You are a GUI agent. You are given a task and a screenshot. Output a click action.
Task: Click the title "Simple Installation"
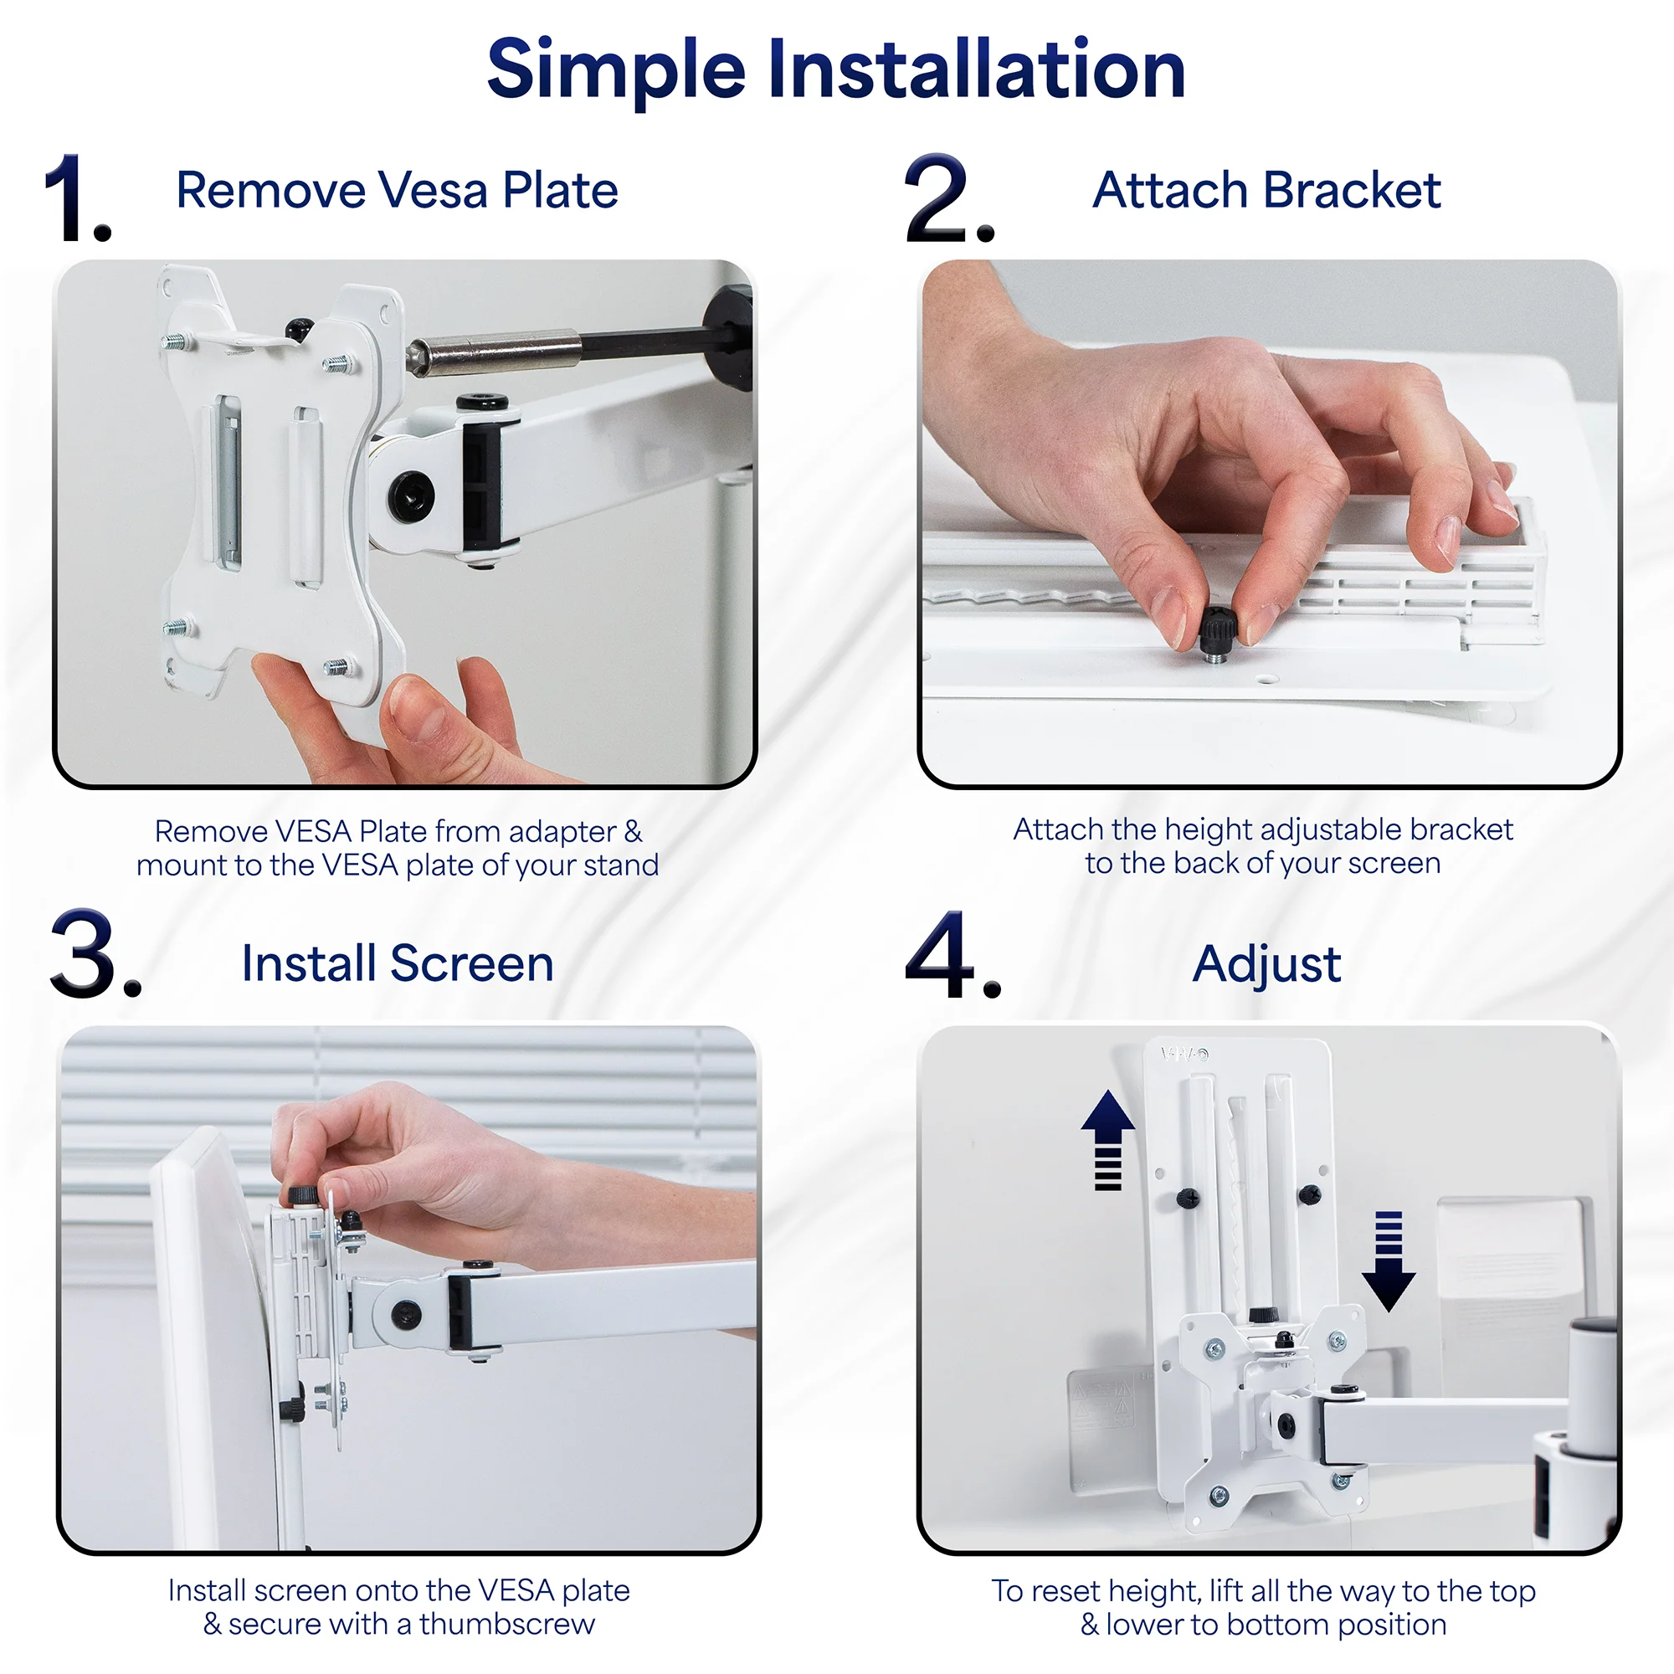836,69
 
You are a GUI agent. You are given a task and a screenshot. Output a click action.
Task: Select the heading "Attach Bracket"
1266,190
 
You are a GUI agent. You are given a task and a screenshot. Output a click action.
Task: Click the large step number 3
94,955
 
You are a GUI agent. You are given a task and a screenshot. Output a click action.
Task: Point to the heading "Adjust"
1266,963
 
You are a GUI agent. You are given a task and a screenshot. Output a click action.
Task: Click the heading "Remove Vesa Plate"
397,190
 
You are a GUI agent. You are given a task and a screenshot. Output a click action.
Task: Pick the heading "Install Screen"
397,963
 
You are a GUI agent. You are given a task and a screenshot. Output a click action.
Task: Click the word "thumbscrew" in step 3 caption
507,1624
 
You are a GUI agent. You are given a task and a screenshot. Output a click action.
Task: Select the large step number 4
952,955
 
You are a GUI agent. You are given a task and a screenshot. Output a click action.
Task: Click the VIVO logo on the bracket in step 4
1184,1055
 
